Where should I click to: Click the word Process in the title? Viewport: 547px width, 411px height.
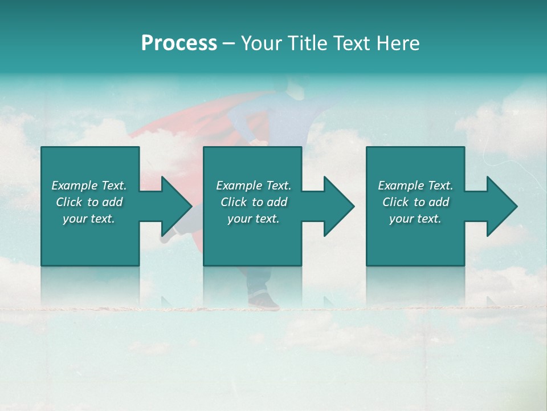tap(179, 43)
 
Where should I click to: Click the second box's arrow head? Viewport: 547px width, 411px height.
tap(338, 206)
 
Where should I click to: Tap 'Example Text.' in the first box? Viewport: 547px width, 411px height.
tap(89, 186)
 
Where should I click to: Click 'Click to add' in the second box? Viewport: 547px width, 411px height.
tap(254, 202)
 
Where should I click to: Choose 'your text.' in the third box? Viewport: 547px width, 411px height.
tap(415, 219)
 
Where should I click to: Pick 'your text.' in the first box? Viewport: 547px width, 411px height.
tap(89, 219)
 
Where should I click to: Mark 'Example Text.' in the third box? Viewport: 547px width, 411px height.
tap(415, 186)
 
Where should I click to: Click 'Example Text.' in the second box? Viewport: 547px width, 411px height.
tap(254, 186)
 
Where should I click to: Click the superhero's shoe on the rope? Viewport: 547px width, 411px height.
tap(264, 301)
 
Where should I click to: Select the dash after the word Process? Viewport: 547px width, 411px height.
tap(228, 43)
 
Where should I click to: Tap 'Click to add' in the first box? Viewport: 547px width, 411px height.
tap(89, 202)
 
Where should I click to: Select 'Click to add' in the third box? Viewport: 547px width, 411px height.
tap(415, 202)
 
